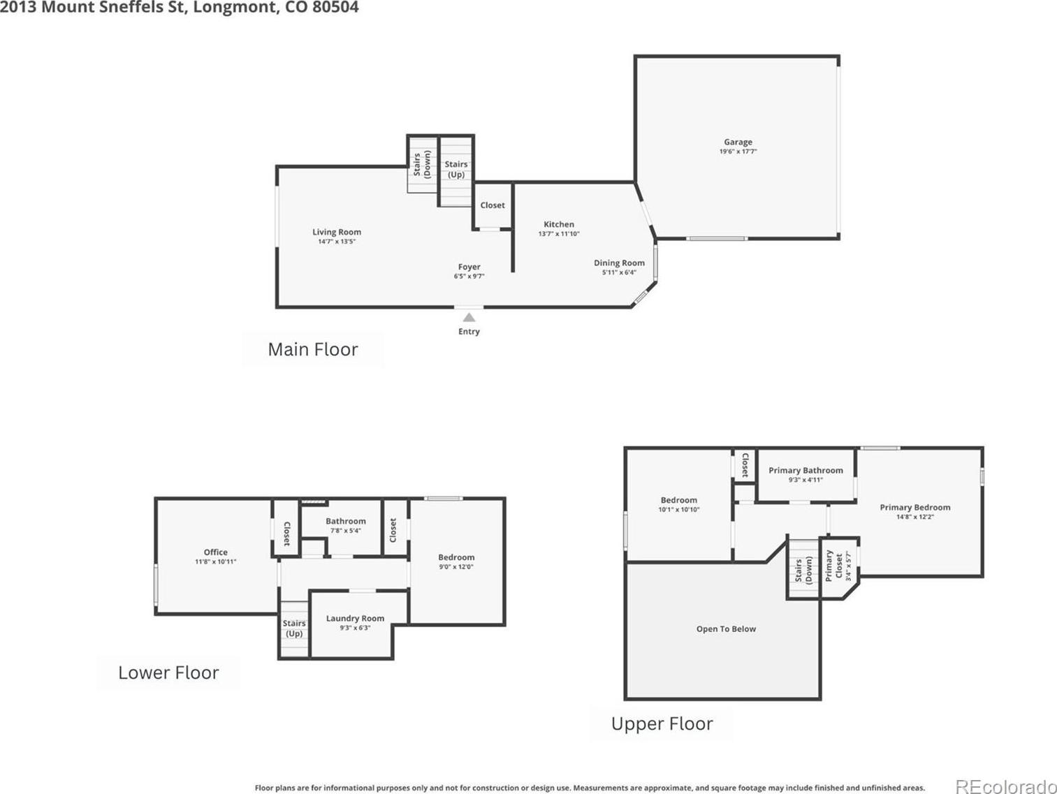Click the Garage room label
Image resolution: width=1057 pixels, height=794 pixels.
[x=738, y=142]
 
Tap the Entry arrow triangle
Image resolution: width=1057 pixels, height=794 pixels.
[x=469, y=318]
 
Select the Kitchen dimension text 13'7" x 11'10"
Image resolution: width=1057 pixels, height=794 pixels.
[x=559, y=234]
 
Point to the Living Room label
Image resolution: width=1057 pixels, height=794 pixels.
[x=337, y=232]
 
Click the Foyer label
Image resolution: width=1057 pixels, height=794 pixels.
[x=469, y=267]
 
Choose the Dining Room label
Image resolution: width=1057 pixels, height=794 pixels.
[x=619, y=263]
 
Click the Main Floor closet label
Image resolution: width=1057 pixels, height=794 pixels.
[x=493, y=205]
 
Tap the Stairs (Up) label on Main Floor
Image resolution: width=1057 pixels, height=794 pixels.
[x=456, y=170]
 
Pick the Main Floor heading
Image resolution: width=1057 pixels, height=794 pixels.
[x=313, y=349]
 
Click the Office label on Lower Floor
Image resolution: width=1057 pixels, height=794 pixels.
[x=215, y=552]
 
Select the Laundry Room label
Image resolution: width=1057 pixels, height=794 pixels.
[x=355, y=618]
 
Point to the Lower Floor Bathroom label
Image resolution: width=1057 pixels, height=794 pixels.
[x=345, y=521]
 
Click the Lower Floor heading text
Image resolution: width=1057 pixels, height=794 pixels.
[x=168, y=672]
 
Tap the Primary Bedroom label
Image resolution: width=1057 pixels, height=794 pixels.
[x=915, y=507]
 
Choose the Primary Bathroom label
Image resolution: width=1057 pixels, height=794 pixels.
[x=805, y=470]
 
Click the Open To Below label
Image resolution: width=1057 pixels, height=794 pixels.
[x=726, y=629]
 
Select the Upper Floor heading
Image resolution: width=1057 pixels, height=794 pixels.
[x=662, y=723]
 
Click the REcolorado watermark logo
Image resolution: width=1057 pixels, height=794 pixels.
[x=1005, y=786]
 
